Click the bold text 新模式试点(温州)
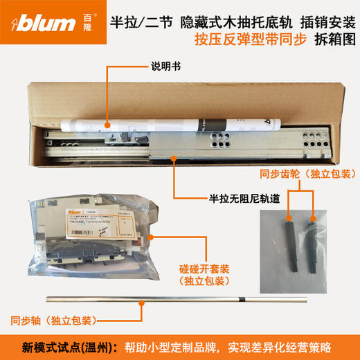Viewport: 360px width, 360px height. pyautogui.click(x=64, y=345)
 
